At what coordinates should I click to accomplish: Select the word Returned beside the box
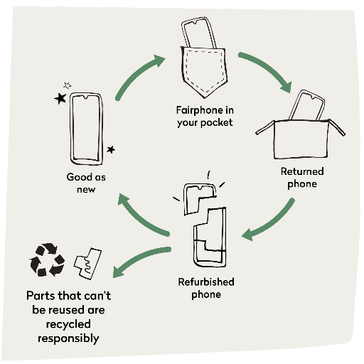pos(302,171)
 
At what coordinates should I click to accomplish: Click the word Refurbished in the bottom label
pos(206,282)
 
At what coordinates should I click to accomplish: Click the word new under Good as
pos(86,190)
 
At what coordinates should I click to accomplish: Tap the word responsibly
pos(68,338)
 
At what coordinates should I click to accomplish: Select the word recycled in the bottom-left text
pos(68,324)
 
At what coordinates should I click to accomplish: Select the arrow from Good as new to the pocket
pos(137,75)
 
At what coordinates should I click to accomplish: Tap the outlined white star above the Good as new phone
pos(68,85)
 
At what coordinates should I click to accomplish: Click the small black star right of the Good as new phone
pos(111,149)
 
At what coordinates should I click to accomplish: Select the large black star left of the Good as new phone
pos(60,98)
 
